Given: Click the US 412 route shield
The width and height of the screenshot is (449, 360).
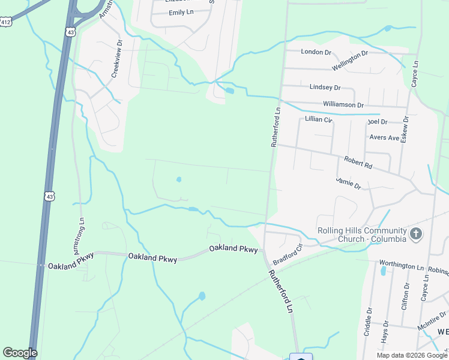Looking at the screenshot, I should pyautogui.click(x=6, y=22).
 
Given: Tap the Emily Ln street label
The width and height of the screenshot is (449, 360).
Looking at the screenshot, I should pyautogui.click(x=181, y=13).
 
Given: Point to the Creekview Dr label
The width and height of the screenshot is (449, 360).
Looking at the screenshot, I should pyautogui.click(x=117, y=59).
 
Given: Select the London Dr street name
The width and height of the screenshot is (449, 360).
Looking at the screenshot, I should pyautogui.click(x=316, y=52).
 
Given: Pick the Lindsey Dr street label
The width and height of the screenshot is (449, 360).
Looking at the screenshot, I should pyautogui.click(x=325, y=87).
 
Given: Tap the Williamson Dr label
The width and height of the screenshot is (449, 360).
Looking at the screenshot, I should pyautogui.click(x=343, y=104).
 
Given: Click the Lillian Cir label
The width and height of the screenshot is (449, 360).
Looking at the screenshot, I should pyautogui.click(x=318, y=119).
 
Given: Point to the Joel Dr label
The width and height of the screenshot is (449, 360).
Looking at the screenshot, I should pyautogui.click(x=378, y=121).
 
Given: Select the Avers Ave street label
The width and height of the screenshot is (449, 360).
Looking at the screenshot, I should pyautogui.click(x=385, y=137).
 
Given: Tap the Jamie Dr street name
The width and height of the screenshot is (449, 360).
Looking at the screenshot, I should pyautogui.click(x=349, y=184).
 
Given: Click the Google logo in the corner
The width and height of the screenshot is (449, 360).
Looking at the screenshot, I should pyautogui.click(x=20, y=353).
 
